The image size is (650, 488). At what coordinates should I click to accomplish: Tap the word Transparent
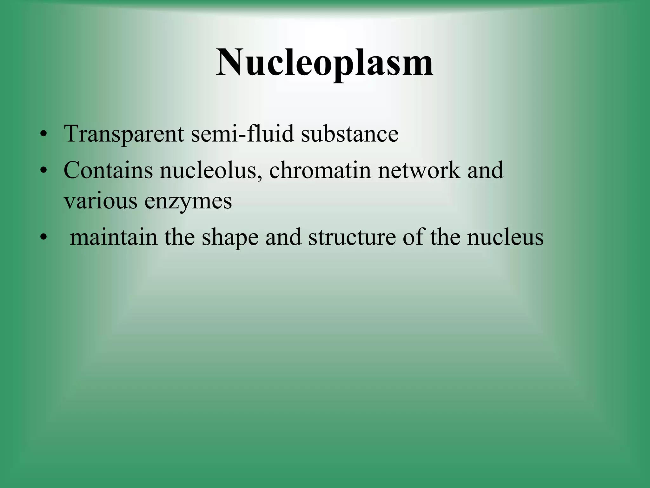click(x=124, y=134)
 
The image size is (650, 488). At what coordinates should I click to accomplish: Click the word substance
click(x=349, y=134)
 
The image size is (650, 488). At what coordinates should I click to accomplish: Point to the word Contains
click(x=108, y=170)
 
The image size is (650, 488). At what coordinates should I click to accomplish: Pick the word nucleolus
click(x=211, y=170)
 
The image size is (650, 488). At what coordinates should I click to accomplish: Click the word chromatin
click(x=320, y=170)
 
